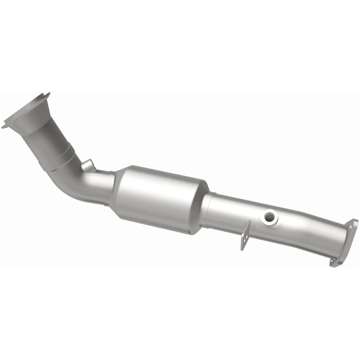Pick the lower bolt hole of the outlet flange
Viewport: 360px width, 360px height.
pos(334,261)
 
